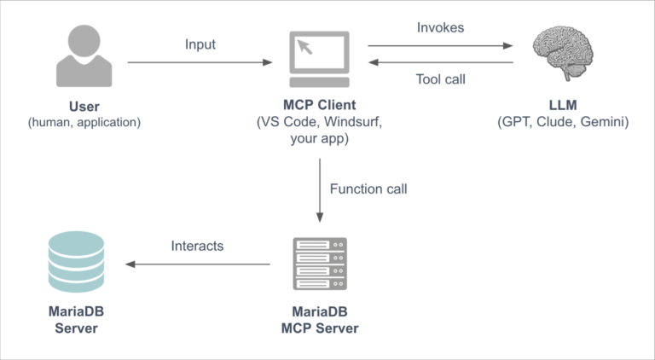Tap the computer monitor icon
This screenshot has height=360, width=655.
pyautogui.click(x=319, y=60)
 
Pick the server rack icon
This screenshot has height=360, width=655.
pyautogui.click(x=320, y=264)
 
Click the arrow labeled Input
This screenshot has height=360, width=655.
pyautogui.click(x=200, y=62)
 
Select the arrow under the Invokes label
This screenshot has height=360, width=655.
pyautogui.click(x=441, y=46)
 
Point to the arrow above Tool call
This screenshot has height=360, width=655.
pyautogui.click(x=441, y=62)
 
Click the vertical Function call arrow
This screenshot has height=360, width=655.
pyautogui.click(x=319, y=189)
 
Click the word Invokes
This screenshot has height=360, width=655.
pyautogui.click(x=441, y=27)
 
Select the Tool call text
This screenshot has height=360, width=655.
pyautogui.click(x=441, y=80)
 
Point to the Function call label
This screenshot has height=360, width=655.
pyautogui.click(x=368, y=189)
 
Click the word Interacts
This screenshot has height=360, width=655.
pyautogui.click(x=196, y=246)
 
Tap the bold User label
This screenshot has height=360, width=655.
pyautogui.click(x=84, y=107)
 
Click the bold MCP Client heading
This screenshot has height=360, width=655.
pyautogui.click(x=320, y=107)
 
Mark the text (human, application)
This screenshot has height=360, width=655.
pyautogui.click(x=84, y=122)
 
